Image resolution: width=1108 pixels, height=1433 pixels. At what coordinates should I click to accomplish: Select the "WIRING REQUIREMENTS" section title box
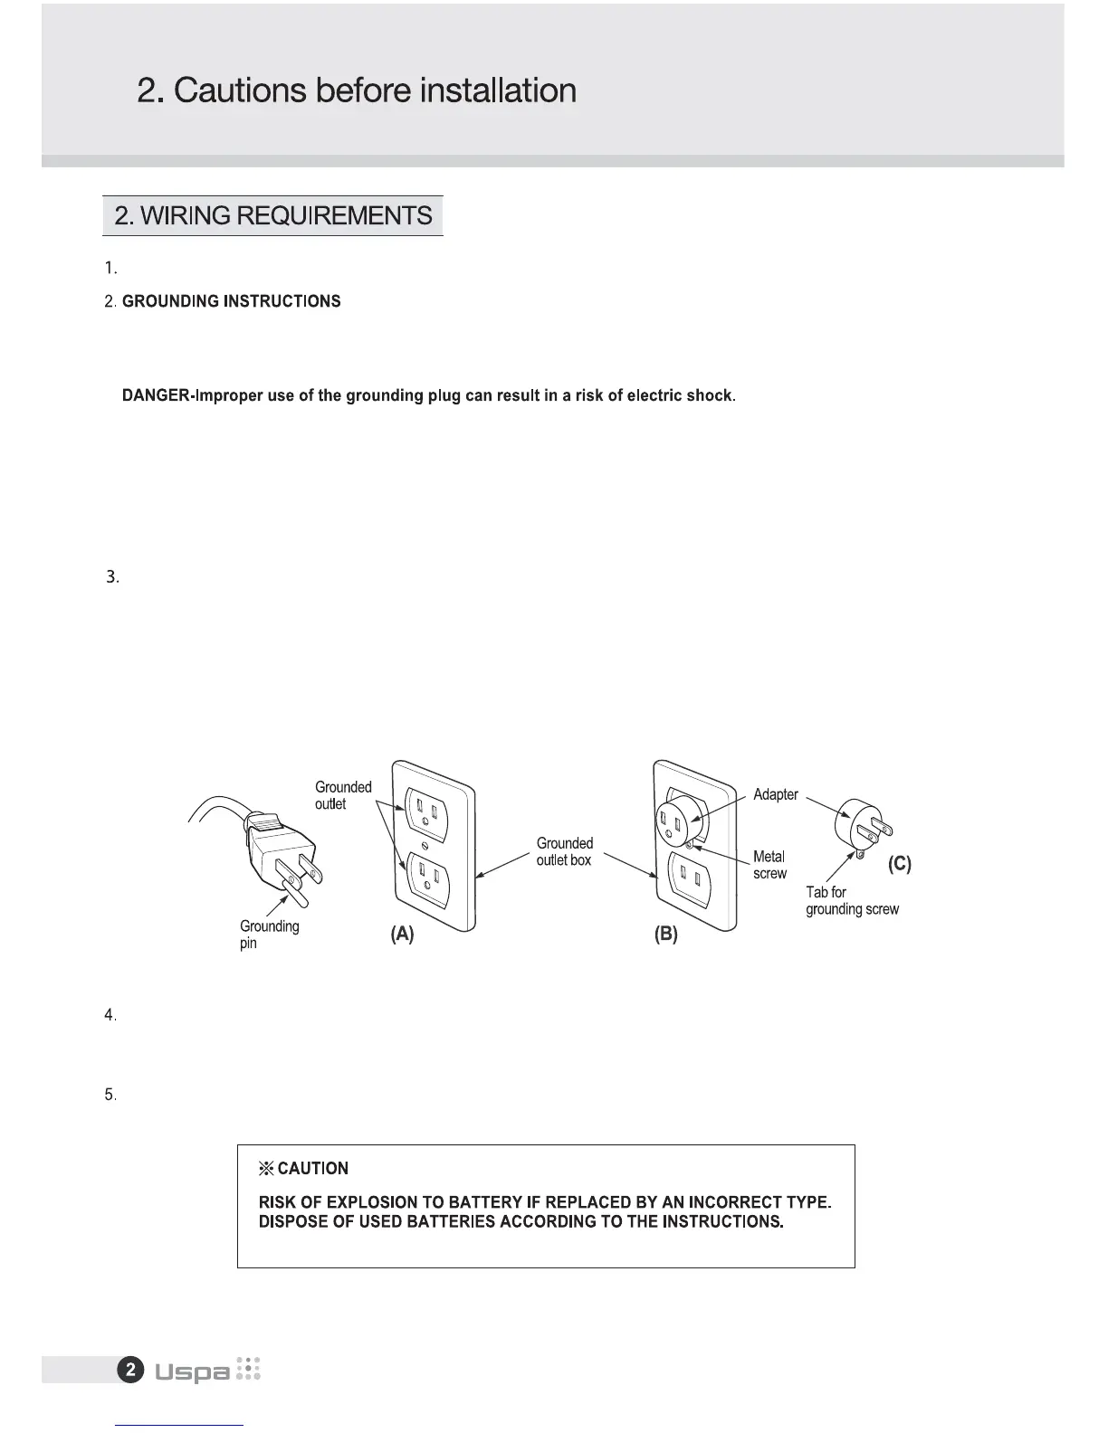click(272, 216)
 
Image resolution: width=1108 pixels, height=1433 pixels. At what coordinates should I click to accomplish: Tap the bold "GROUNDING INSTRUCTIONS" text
click(232, 301)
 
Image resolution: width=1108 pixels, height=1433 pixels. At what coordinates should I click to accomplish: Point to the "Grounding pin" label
click(269, 935)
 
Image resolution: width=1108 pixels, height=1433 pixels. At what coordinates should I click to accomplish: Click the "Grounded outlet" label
click(342, 795)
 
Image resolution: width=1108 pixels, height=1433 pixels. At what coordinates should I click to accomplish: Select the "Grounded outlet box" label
click(564, 851)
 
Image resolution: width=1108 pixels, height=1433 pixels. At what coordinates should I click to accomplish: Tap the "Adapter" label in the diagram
click(775, 794)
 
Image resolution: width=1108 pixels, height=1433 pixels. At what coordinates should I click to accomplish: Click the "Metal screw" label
click(769, 865)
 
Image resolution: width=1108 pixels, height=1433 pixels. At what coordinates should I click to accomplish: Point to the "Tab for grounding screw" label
click(852, 900)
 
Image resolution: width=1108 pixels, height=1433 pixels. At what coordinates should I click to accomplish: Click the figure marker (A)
click(402, 935)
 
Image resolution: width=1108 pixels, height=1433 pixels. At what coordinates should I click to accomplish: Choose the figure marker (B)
click(665, 935)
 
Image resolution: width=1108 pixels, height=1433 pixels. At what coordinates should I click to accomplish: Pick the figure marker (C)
click(899, 864)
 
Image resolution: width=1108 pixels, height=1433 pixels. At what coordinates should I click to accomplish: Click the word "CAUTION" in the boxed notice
click(312, 1169)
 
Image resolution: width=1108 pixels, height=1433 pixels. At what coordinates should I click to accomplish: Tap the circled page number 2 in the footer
click(130, 1370)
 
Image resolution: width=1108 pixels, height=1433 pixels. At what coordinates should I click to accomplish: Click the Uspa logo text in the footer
click(192, 1372)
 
